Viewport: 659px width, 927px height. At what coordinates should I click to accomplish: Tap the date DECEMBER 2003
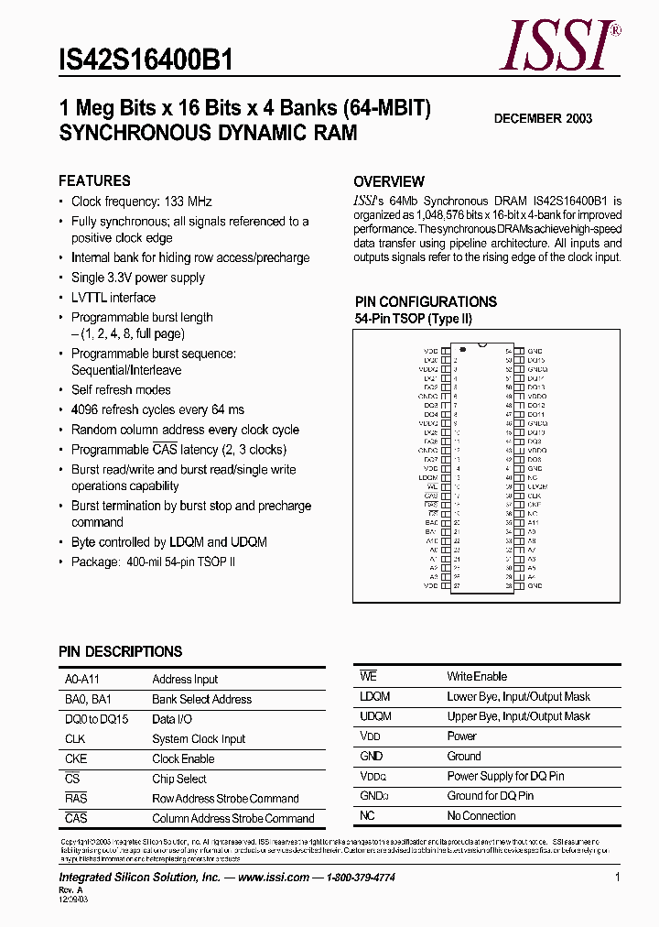[543, 118]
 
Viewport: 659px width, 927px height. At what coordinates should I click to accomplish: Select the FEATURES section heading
[94, 180]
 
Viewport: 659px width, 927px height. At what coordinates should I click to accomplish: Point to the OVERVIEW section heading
[389, 181]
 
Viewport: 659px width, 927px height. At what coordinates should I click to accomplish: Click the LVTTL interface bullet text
[113, 298]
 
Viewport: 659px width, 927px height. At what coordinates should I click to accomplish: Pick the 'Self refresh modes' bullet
[121, 390]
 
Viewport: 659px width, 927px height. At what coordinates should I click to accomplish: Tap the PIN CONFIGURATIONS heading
[426, 301]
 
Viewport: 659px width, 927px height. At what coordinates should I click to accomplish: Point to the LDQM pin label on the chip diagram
[428, 477]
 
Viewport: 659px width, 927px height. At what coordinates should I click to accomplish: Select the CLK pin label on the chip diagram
[535, 496]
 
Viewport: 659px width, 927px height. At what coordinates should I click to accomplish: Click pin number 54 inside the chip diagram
[507, 351]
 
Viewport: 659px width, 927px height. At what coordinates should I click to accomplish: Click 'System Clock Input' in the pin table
[199, 739]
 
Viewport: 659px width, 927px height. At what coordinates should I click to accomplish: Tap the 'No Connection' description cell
[481, 816]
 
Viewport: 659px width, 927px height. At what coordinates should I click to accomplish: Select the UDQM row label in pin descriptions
[376, 716]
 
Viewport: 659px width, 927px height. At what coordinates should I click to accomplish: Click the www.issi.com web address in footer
[274, 877]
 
